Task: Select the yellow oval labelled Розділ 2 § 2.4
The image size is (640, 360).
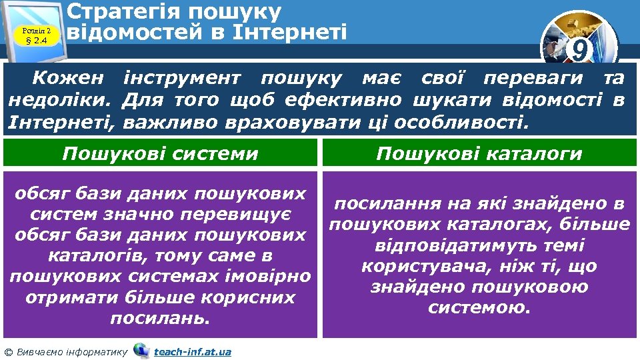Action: [x=37, y=33]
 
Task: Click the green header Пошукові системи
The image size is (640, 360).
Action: [x=160, y=154]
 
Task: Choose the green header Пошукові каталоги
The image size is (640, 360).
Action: [x=479, y=154]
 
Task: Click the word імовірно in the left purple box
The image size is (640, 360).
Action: [x=275, y=276]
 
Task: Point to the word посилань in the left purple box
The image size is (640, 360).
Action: [x=160, y=318]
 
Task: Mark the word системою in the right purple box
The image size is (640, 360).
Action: [x=479, y=308]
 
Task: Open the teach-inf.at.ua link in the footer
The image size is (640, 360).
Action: [x=192, y=351]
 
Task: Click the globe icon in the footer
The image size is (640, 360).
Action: [x=141, y=350]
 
